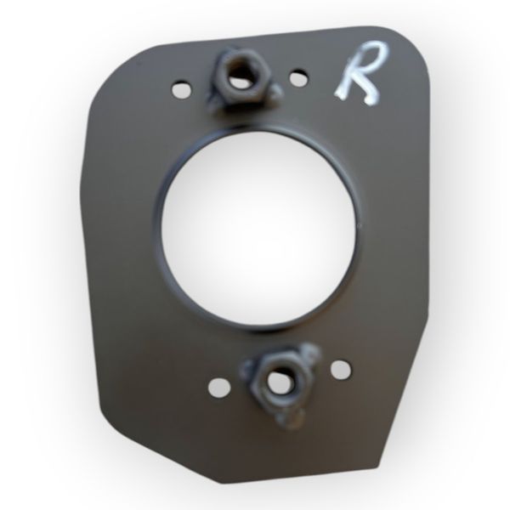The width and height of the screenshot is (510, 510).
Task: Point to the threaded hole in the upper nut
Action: click(x=240, y=79)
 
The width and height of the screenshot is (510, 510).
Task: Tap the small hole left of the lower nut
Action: click(x=219, y=388)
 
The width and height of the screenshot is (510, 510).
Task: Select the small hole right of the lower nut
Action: click(x=341, y=369)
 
